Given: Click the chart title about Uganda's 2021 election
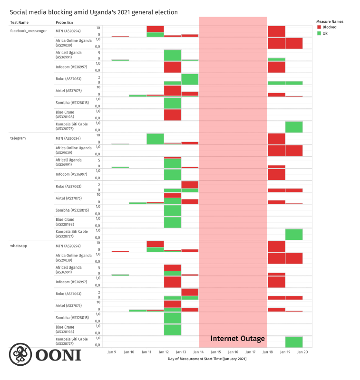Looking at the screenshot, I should coord(94,12).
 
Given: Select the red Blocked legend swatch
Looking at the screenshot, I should coord(319,28).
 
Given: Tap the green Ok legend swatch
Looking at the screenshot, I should coord(319,33).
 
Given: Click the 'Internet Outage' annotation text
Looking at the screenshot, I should coord(238,339).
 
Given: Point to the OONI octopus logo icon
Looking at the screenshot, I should coord(20,355).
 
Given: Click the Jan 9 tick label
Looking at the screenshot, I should coord(112,352).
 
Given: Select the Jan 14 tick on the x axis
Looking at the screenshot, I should coord(198,352).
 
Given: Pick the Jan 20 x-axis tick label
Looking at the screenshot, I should coord(302,352).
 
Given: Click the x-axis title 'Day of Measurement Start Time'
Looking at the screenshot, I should coord(207,359).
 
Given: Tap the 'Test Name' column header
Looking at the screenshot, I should coord(19,22).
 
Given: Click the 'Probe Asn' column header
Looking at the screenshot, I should coord(64,22).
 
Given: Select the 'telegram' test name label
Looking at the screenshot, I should coord(18,138).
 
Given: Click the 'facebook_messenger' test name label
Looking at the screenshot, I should coord(29,31).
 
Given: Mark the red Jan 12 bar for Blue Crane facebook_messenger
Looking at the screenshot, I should coord(173,115).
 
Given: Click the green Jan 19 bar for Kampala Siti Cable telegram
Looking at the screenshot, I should coord(294,234).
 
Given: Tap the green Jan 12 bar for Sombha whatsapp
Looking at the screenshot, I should coord(173,318).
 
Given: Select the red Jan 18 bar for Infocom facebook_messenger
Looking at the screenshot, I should coord(276,67).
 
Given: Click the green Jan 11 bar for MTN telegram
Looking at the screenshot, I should coord(155,139).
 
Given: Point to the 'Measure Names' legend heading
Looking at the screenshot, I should coord(330,21).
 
